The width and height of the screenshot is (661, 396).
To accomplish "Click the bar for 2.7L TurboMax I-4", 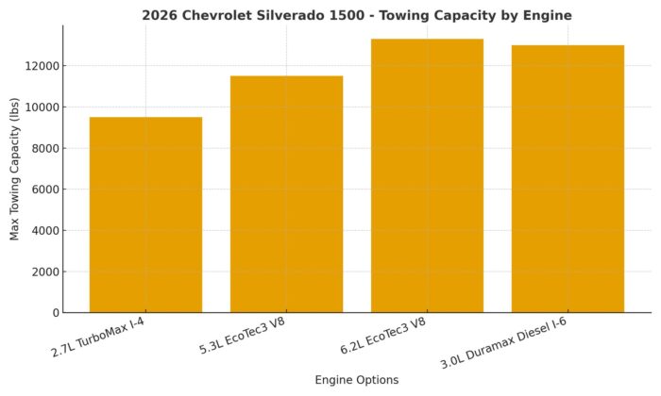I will pyautogui.click(x=145, y=215).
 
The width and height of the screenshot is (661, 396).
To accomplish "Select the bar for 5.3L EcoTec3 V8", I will pyautogui.click(x=286, y=194).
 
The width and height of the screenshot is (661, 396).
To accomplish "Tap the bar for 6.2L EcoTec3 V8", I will pyautogui.click(x=427, y=175).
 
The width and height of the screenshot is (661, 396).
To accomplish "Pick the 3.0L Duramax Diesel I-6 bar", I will pyautogui.click(x=568, y=179).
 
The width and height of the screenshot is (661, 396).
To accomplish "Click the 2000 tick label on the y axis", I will pyautogui.click(x=46, y=272).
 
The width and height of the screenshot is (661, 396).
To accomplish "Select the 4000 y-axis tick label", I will pyautogui.click(x=46, y=230).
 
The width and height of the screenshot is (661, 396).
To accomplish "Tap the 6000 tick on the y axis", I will pyautogui.click(x=46, y=190).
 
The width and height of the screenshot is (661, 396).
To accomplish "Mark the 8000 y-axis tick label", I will pyautogui.click(x=46, y=148).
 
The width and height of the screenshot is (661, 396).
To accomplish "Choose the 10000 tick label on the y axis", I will pyautogui.click(x=43, y=107).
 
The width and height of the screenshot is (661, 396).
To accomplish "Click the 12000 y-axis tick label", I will pyautogui.click(x=43, y=66).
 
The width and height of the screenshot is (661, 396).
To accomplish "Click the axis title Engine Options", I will pyautogui.click(x=357, y=380).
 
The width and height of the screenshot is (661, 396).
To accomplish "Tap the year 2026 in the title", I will pyautogui.click(x=161, y=15).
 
